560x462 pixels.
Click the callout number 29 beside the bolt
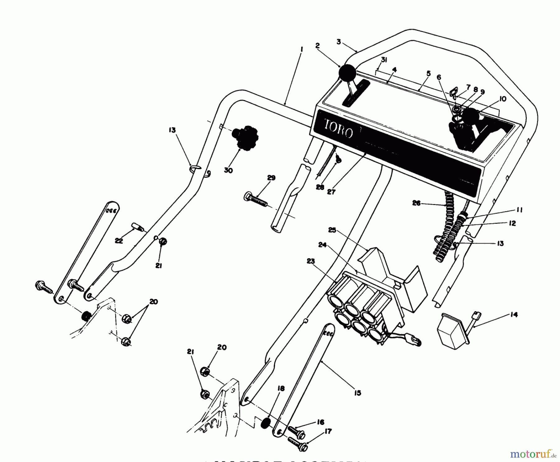271,178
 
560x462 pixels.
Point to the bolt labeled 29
255,199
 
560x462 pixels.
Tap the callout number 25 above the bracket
332,230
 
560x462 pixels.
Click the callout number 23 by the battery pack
310,261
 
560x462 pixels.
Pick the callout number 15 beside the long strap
358,393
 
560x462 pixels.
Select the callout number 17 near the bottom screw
328,431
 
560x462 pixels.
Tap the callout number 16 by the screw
320,422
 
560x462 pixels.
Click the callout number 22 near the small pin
119,241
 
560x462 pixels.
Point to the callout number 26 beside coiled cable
416,203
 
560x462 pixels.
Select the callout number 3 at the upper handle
339,41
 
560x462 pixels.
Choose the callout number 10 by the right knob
503,99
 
